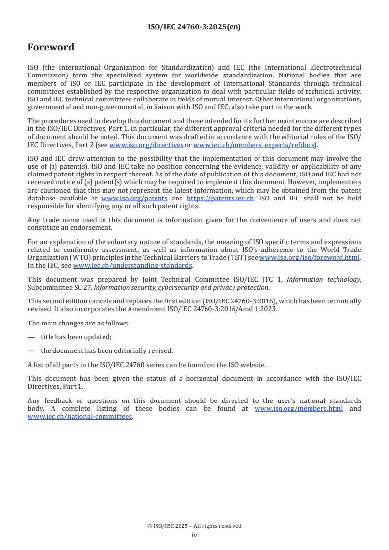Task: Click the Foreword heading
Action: (51, 48)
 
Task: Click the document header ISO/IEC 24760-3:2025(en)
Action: (194, 27)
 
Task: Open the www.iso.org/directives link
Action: (146, 145)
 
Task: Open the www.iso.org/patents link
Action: (134, 198)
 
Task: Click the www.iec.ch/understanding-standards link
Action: (132, 265)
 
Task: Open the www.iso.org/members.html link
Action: (299, 408)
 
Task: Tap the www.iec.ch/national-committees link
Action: (80, 416)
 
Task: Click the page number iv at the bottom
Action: (194, 535)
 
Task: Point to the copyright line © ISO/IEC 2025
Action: (194, 526)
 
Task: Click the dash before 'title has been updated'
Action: (31, 337)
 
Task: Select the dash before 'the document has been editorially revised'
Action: (31, 350)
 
